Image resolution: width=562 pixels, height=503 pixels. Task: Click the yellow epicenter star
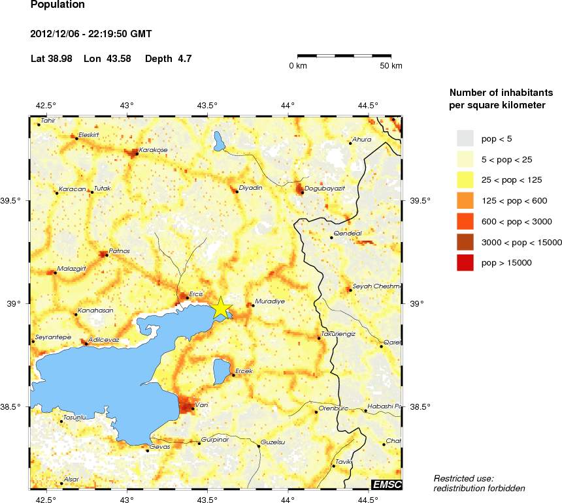coord(222,307)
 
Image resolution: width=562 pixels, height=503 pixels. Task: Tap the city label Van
coord(201,404)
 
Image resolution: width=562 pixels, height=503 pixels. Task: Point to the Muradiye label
coord(270,301)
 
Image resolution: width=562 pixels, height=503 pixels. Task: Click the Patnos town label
coord(120,251)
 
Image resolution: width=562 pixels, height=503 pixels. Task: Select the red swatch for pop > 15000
coord(465,263)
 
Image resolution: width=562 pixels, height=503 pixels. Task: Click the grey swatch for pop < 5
coord(465,138)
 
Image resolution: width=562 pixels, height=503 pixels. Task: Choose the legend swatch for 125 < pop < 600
coord(465,201)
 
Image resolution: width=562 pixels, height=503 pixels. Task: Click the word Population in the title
coord(58,5)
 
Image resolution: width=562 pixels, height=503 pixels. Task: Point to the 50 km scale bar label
coord(391,66)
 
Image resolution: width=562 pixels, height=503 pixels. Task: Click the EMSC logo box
coord(386,484)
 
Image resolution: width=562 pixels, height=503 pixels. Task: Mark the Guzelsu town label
coord(273,442)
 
